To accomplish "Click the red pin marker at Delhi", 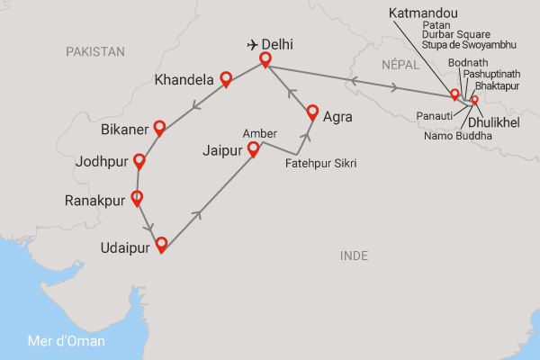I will pyautogui.click(x=265, y=60).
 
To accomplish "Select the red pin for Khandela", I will pyautogui.click(x=227, y=80).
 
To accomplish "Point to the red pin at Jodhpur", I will pyautogui.click(x=139, y=162).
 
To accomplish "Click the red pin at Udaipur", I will pyautogui.click(x=161, y=243).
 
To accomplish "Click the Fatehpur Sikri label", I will pyautogui.click(x=319, y=164).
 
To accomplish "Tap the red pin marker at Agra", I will pyautogui.click(x=312, y=112).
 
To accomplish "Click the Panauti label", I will pyautogui.click(x=436, y=116).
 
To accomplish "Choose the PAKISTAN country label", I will pyautogui.click(x=95, y=52).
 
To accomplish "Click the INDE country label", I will pyautogui.click(x=355, y=256).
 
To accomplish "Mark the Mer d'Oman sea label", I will pyautogui.click(x=66, y=341).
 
